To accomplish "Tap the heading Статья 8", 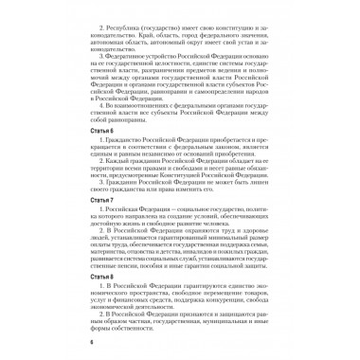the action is (x=79, y=290).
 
